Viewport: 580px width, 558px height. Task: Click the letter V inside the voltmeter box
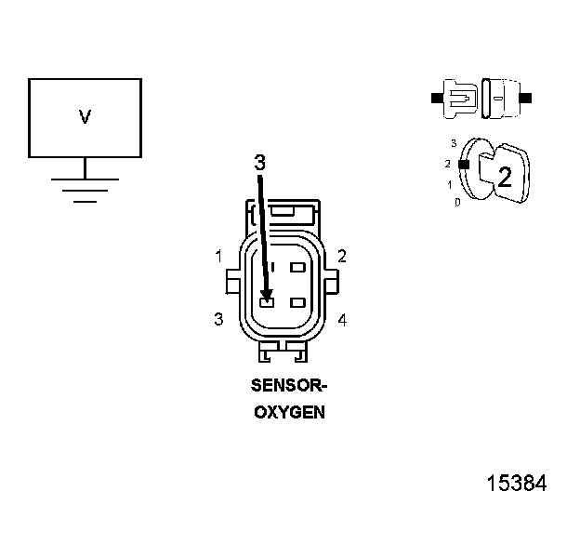pyautogui.click(x=85, y=117)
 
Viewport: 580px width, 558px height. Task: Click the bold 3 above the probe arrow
pyautogui.click(x=260, y=162)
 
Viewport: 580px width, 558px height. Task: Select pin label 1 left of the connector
pyautogui.click(x=217, y=256)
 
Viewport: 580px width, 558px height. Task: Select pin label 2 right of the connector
pyautogui.click(x=342, y=256)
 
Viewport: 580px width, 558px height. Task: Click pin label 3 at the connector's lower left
pyautogui.click(x=217, y=319)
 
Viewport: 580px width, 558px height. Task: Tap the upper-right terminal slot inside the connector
pyautogui.click(x=298, y=268)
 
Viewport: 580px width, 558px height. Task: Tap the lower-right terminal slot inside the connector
pyautogui.click(x=298, y=302)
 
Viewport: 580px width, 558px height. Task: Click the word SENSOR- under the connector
pyautogui.click(x=289, y=385)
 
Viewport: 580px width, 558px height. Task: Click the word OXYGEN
pyautogui.click(x=289, y=411)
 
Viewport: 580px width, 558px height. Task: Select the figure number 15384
pyautogui.click(x=517, y=484)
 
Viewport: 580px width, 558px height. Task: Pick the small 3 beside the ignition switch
pyautogui.click(x=453, y=144)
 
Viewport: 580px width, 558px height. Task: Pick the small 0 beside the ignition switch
pyautogui.click(x=457, y=202)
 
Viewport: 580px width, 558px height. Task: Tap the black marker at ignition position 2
pyautogui.click(x=462, y=165)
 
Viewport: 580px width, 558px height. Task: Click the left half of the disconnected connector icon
pyautogui.click(x=460, y=97)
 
